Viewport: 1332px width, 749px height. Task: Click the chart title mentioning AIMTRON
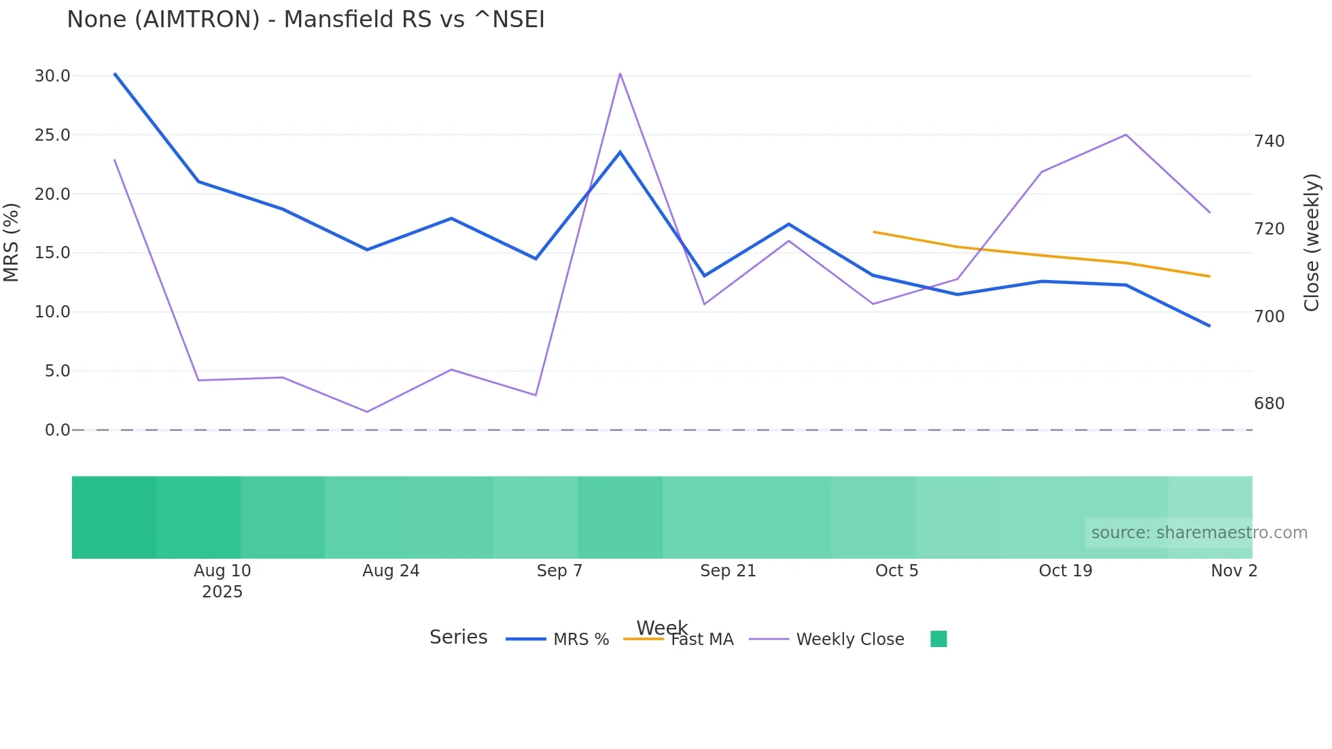coord(305,20)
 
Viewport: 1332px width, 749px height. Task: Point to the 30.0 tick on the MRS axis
coord(52,76)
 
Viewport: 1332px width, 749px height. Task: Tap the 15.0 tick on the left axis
coord(52,253)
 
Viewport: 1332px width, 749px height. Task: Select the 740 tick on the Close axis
coord(1269,141)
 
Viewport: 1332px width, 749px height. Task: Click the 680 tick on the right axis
coord(1269,404)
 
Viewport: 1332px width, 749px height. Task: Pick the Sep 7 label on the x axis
coord(559,571)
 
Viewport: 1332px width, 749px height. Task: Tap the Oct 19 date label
coord(1065,571)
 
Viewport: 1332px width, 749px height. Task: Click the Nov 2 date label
coord(1233,571)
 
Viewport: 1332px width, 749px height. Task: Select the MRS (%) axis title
coord(12,242)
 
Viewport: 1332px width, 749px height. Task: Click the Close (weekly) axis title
coord(1312,243)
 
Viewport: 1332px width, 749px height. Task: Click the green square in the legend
coord(939,639)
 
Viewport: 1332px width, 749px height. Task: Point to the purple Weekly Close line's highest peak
coord(620,73)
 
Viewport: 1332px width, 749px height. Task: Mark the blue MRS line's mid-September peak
coord(620,152)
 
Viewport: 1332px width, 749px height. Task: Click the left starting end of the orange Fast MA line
coord(874,232)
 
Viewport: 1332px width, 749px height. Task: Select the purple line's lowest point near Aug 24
coord(367,412)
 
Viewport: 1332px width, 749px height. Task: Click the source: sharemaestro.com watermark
coord(1199,533)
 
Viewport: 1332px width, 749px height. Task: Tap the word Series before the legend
coord(458,638)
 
